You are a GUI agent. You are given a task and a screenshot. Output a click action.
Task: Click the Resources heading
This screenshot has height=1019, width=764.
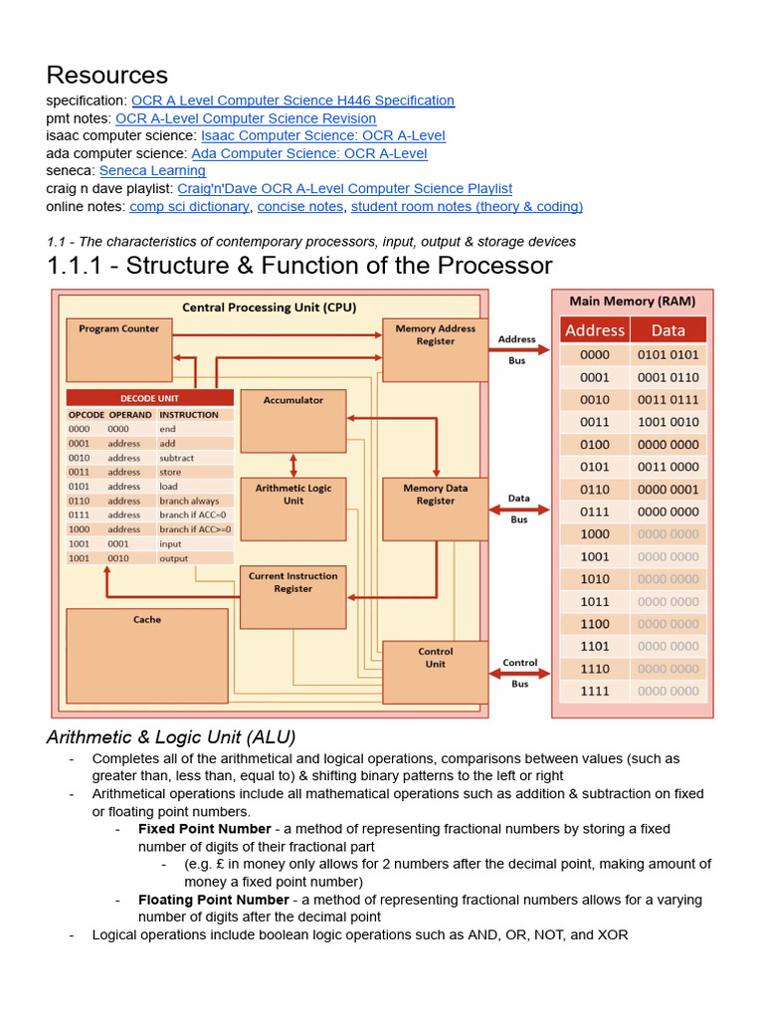106,75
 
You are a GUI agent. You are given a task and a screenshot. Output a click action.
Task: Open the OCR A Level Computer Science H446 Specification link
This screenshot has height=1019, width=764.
292,101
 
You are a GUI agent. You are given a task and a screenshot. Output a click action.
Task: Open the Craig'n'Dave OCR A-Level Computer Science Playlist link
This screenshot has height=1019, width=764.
344,188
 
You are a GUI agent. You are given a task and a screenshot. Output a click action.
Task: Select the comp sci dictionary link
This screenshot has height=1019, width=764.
189,207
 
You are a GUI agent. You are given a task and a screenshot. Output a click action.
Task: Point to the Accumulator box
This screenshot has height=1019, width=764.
293,420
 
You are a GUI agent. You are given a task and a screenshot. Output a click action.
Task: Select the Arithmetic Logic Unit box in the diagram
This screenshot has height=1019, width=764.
293,508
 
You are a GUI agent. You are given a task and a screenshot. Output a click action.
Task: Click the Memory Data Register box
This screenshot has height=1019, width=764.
435,509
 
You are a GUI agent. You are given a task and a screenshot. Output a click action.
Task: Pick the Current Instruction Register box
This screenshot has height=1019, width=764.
292,596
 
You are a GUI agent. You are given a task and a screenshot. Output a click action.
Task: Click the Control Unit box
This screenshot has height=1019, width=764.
435,672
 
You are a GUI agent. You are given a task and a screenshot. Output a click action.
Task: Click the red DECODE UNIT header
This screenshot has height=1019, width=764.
150,397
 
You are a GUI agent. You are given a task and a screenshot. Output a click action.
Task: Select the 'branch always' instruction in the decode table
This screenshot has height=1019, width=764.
189,501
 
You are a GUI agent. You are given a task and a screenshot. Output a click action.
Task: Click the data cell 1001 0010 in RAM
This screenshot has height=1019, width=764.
668,422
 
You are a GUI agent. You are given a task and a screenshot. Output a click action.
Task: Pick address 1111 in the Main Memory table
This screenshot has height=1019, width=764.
595,691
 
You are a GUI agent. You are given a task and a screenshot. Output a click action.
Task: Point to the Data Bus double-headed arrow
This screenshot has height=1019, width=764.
518,509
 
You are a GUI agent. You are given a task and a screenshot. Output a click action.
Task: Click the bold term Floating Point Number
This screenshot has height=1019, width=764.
213,900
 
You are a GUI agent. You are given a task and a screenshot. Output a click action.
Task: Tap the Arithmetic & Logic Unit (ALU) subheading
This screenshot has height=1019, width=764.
171,737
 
